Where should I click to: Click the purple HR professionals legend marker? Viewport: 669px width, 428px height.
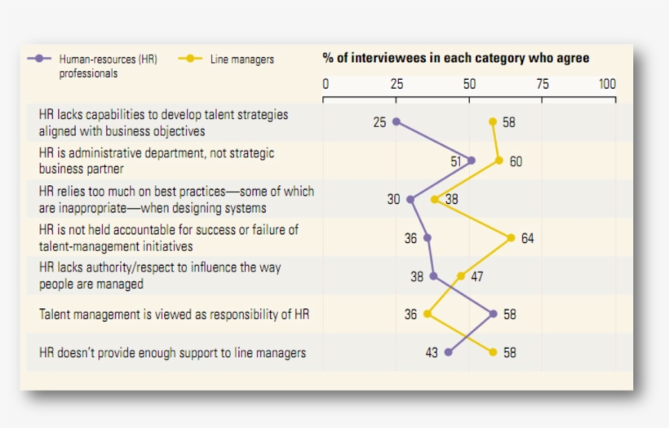tap(39, 59)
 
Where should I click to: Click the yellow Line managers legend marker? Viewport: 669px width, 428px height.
tap(190, 59)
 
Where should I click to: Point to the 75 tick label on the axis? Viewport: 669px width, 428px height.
tap(542, 84)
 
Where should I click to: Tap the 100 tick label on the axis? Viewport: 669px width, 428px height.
tap(607, 84)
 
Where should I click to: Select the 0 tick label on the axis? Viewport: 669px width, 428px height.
tap(326, 84)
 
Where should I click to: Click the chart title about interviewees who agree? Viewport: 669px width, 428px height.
tap(455, 59)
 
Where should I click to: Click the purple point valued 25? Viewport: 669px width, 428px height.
tap(397, 121)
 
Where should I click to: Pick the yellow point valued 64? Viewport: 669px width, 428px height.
tap(511, 238)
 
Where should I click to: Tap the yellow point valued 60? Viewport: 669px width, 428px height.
tap(499, 161)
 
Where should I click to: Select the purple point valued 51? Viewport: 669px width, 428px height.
tap(472, 161)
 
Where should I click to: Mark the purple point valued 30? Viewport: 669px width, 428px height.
tap(410, 199)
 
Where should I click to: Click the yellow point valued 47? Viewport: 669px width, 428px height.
tap(461, 276)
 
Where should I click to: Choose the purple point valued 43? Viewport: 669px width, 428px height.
tap(449, 352)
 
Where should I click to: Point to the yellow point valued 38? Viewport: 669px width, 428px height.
tap(435, 199)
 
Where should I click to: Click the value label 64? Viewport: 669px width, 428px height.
tap(528, 239)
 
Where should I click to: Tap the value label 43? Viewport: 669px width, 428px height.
tap(431, 353)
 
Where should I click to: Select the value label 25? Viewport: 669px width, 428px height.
tap(379, 122)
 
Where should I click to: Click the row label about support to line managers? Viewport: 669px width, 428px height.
tap(173, 353)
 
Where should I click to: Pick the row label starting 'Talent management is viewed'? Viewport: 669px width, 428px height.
tap(174, 314)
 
